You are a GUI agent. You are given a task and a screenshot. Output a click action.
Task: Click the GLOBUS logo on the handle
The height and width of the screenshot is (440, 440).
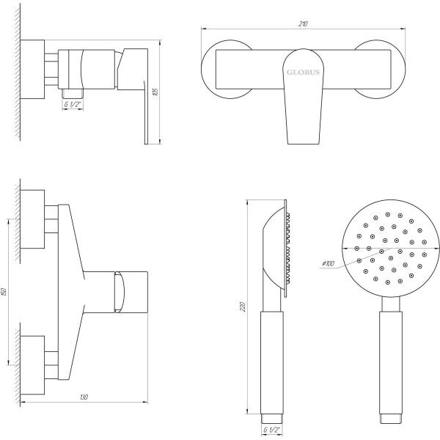[303, 73]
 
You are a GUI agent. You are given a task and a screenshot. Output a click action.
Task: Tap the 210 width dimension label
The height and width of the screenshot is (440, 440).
[303, 24]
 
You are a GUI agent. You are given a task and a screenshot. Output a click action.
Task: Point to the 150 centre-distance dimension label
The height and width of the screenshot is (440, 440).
[4, 292]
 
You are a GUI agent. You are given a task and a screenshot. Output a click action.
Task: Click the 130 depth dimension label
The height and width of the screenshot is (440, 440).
[84, 397]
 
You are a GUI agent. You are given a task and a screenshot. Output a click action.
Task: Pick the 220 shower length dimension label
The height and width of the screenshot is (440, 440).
[243, 307]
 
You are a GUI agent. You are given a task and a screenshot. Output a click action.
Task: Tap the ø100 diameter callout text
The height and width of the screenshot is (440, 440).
[329, 263]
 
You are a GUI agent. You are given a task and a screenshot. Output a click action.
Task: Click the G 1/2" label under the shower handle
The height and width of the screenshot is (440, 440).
[272, 430]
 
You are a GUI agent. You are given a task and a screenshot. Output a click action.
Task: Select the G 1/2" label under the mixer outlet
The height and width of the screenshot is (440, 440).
[73, 104]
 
